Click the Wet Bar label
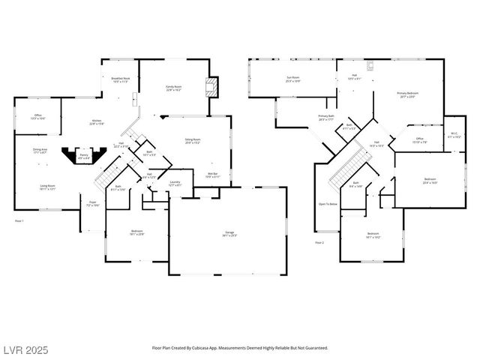(212, 175)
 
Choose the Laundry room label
(174, 183)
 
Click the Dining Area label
(40, 151)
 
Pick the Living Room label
(48, 187)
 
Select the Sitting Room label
(193, 140)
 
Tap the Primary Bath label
(325, 118)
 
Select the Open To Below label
(328, 204)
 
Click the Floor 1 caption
(19, 221)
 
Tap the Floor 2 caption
(319, 242)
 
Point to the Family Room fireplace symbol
(212, 85)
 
